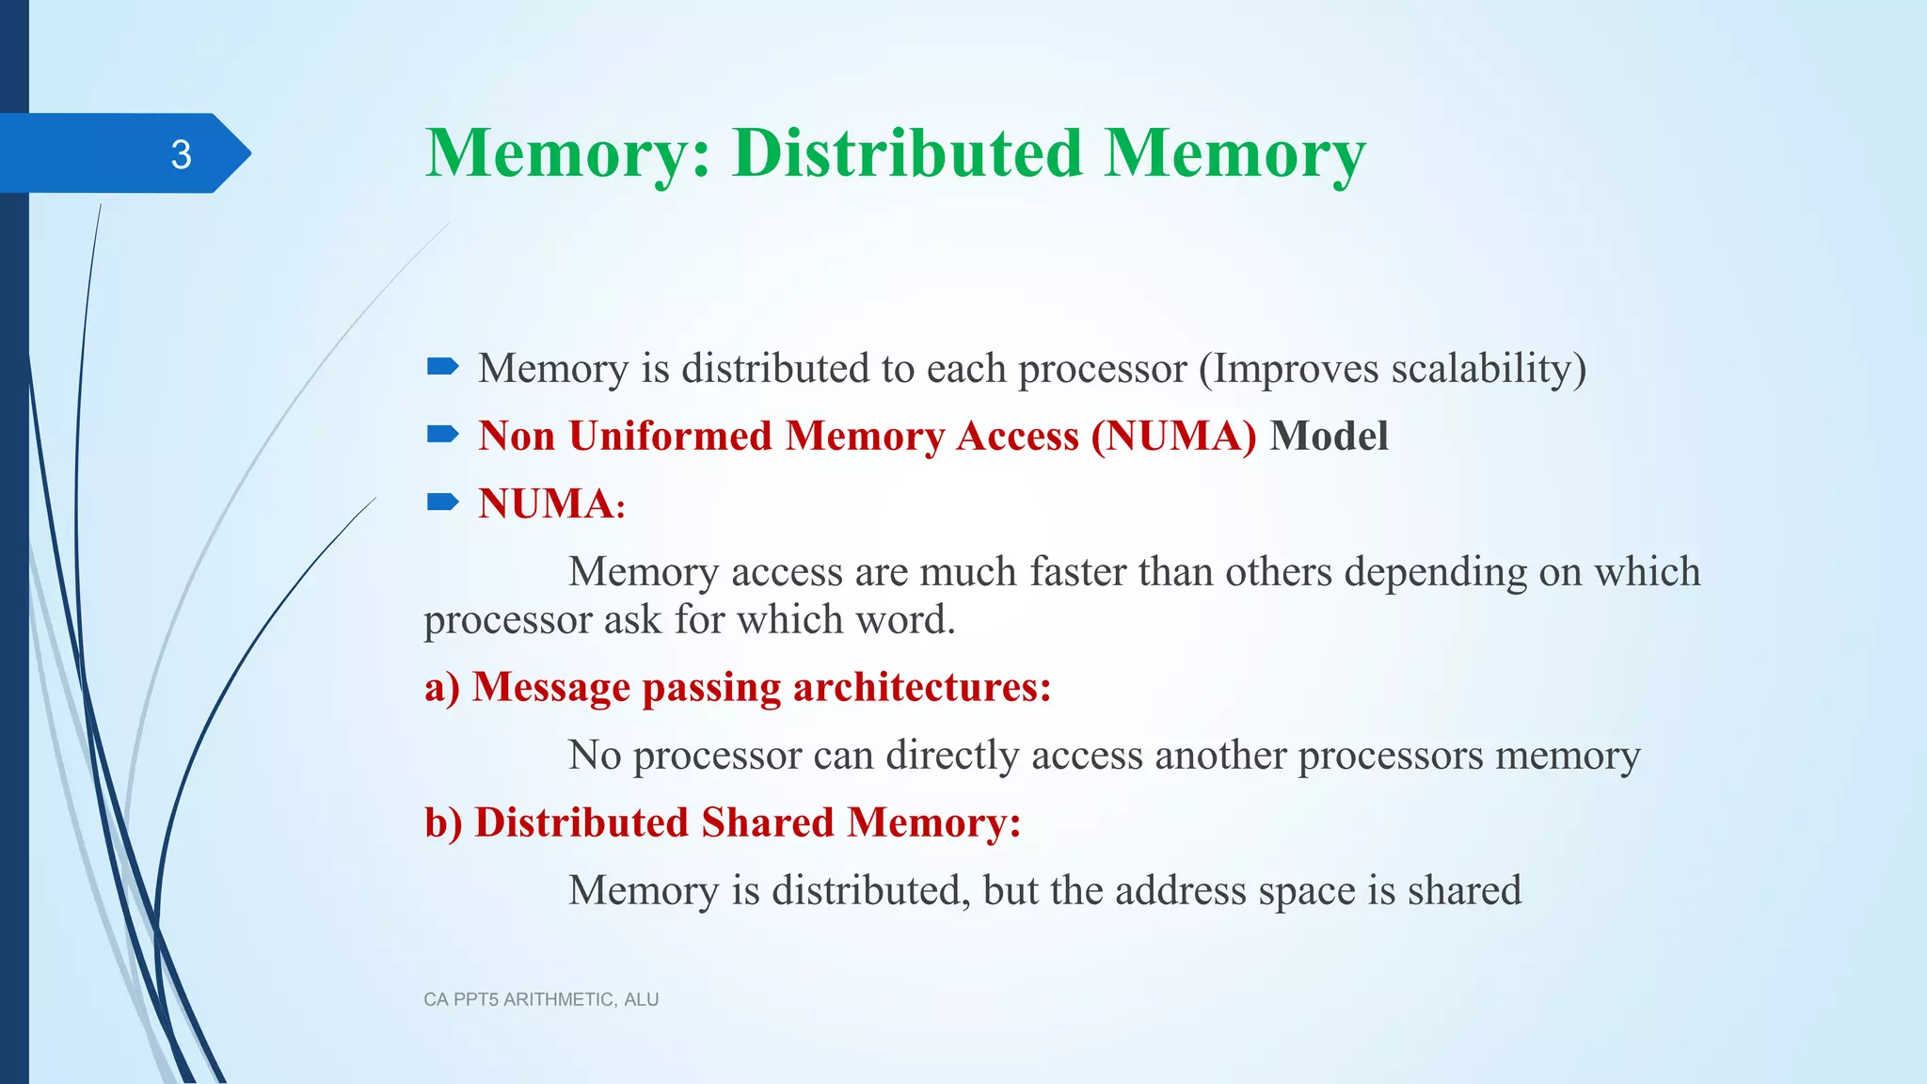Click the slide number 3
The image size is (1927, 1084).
pyautogui.click(x=181, y=154)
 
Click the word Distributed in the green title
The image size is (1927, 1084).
pyautogui.click(x=907, y=153)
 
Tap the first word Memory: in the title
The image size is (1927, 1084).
pyautogui.click(x=568, y=153)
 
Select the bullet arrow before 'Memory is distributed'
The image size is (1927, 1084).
pyautogui.click(x=442, y=366)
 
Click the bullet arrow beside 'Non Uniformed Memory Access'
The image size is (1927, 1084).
pyautogui.click(x=442, y=434)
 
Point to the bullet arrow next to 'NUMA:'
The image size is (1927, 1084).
pyautogui.click(x=442, y=502)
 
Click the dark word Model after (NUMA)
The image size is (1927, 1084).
pyautogui.click(x=1329, y=436)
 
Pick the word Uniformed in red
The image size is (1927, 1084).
pyautogui.click(x=670, y=436)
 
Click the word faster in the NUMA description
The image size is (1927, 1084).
pyautogui.click(x=1077, y=571)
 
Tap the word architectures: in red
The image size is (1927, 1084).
pyautogui.click(x=922, y=687)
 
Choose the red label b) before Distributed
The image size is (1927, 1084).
pyautogui.click(x=443, y=822)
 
